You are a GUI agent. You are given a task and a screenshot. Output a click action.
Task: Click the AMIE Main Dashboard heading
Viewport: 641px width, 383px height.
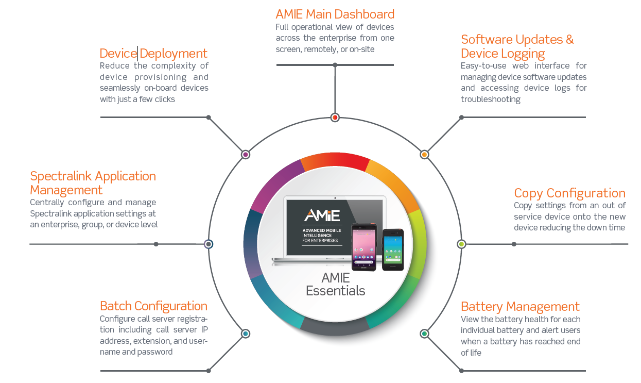[335, 14]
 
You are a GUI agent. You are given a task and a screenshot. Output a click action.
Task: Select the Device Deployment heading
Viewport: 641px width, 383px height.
[153, 54]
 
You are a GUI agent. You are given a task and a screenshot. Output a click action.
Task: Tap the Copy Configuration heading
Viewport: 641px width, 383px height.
[569, 193]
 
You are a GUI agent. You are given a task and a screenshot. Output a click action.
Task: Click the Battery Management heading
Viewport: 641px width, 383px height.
[520, 307]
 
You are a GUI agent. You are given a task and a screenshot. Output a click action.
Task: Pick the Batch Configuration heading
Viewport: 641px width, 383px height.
[153, 306]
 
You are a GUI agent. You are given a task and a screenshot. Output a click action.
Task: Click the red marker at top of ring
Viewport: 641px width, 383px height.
[335, 118]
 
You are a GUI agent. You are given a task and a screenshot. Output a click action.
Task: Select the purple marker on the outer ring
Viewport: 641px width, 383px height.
[245, 155]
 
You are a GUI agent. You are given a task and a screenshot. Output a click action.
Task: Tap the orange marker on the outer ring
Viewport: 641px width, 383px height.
[424, 155]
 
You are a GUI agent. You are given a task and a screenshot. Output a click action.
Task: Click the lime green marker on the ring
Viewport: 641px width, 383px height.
[461, 244]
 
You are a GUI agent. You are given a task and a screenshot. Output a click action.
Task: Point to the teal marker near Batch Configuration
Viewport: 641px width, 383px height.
[245, 334]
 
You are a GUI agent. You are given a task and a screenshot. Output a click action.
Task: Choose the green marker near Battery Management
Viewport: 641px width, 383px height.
[424, 334]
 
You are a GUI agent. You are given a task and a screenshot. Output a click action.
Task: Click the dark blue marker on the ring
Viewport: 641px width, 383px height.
[209, 244]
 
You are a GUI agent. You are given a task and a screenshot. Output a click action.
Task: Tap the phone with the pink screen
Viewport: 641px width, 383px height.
[364, 247]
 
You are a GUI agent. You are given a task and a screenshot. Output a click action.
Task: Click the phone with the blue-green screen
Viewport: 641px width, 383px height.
[393, 249]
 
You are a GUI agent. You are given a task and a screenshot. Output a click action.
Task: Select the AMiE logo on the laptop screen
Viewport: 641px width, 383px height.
[322, 215]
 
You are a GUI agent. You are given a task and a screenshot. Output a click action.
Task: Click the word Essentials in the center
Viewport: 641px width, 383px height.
[335, 291]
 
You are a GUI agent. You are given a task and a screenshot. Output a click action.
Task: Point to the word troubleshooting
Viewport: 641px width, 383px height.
[491, 99]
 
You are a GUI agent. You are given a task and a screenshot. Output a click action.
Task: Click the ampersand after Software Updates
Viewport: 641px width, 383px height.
[569, 40]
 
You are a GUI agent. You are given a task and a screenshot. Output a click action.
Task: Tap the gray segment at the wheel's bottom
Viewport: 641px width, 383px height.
[335, 327]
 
